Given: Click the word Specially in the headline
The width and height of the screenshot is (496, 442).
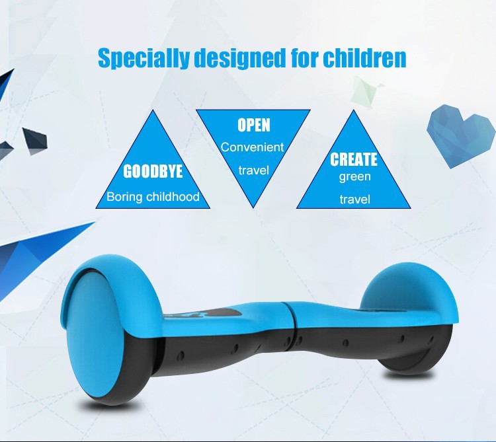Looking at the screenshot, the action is (144, 58).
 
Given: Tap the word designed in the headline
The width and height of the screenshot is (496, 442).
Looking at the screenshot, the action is (240, 58).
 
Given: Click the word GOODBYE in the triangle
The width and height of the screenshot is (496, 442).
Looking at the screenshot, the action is (153, 172).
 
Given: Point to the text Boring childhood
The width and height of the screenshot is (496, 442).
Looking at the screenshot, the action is (153, 197).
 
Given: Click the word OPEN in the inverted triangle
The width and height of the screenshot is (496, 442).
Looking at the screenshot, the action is (254, 125).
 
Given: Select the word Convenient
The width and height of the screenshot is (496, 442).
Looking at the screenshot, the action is (253, 147).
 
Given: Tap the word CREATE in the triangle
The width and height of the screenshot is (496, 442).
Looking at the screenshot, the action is (354, 159).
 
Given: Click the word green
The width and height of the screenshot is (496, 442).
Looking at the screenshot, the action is (354, 176).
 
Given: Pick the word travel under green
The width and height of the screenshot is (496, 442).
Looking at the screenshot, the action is (354, 200).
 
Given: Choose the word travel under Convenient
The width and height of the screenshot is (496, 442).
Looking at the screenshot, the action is (254, 170).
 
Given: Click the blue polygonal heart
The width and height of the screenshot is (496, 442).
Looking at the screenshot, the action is (460, 136).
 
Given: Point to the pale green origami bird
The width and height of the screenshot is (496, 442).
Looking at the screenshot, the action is (366, 91).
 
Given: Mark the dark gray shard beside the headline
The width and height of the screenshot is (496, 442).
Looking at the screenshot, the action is (36, 141).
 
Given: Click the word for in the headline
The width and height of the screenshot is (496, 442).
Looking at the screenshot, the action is (304, 58).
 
